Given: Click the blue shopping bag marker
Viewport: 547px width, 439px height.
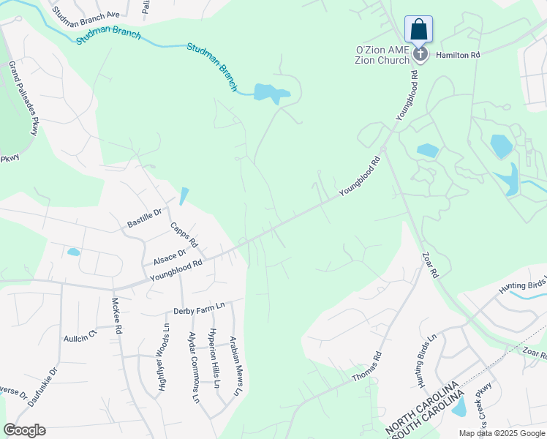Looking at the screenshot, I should tap(418, 30).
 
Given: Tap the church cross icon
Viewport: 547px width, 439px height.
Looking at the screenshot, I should tap(420, 53).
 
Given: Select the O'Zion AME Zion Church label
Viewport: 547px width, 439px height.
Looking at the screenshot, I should tap(382, 54).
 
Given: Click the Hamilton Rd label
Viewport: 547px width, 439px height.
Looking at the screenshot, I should tap(458, 55).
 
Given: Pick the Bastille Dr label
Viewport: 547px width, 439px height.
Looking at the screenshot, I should tap(144, 217).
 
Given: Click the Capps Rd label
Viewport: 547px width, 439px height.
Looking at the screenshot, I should tap(184, 233).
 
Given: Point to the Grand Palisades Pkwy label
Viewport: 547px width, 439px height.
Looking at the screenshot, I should tap(23, 98).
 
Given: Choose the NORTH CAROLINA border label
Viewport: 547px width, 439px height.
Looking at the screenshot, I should tap(421, 405).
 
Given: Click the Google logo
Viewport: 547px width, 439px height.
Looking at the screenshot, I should tap(24, 430).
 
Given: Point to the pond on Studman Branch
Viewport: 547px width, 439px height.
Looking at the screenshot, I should tap(270, 93).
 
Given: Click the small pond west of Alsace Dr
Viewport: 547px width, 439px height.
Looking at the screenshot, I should tap(73, 252).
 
